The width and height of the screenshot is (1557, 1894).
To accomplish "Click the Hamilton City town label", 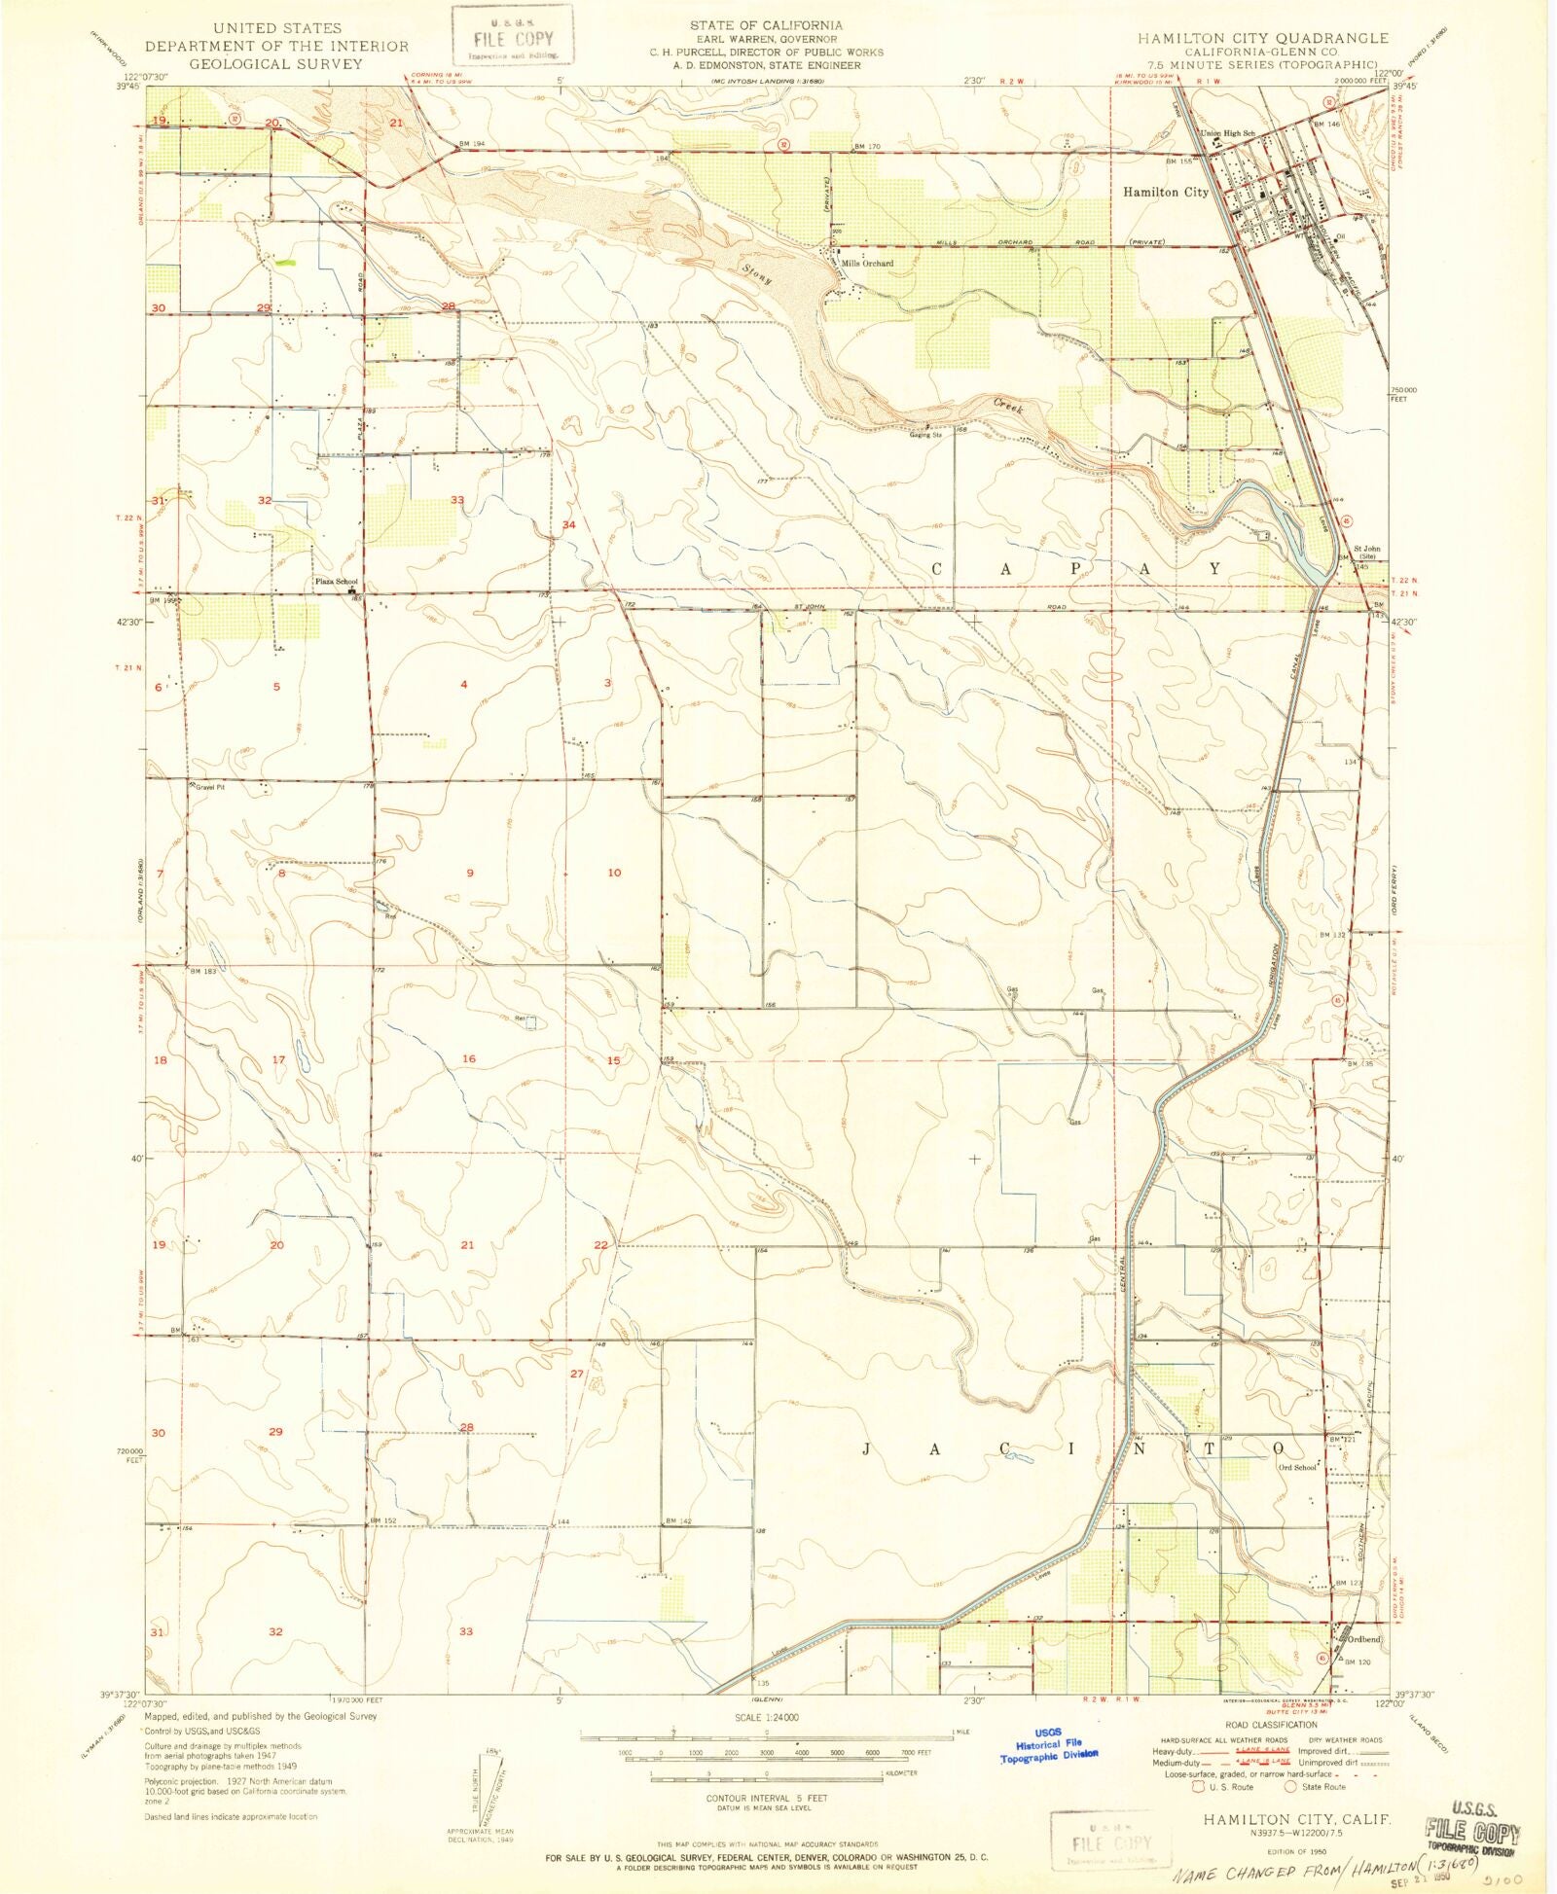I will (x=1165, y=193).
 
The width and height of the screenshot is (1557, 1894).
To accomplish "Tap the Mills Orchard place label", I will (x=867, y=263).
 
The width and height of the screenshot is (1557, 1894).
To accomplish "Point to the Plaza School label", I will (x=336, y=582).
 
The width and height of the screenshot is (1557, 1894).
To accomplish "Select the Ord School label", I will (x=1296, y=1468).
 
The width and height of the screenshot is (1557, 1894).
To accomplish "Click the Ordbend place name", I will (x=1363, y=1639).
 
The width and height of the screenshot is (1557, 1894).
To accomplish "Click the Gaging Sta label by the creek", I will (x=925, y=435).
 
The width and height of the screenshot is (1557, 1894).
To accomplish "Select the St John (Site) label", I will (x=1367, y=552).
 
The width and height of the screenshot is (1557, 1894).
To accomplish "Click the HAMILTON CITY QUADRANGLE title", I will (x=1262, y=38).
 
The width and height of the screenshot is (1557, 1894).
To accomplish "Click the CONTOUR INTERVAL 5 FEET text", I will (x=766, y=1798).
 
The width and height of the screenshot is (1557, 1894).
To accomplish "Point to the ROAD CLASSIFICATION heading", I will (x=1271, y=1725).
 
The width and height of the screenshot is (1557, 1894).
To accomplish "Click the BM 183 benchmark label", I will (x=202, y=971).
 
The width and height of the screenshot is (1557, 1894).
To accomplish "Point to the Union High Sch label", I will (x=1228, y=133).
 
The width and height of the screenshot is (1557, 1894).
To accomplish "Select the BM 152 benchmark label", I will (x=381, y=1520).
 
